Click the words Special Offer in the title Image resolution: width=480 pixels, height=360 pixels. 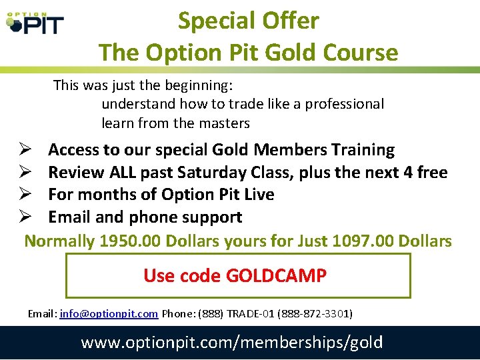coord(248,21)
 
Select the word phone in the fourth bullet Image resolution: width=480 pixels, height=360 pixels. coord(153,217)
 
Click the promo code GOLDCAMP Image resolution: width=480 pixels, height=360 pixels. coord(276,275)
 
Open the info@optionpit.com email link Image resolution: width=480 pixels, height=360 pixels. coord(109,313)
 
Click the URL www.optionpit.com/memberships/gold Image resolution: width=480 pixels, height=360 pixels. coord(232,343)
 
